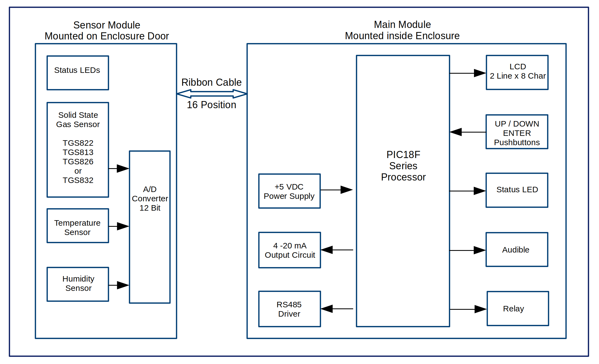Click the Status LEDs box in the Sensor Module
pyautogui.click(x=78, y=73)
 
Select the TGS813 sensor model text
pyautogui.click(x=78, y=152)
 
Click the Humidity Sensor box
pyautogui.click(x=78, y=284)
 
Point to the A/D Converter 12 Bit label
pyautogui.click(x=150, y=199)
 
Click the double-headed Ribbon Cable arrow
pyautogui.click(x=212, y=94)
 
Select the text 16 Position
pyautogui.click(x=211, y=105)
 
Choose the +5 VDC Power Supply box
pyautogui.click(x=289, y=191)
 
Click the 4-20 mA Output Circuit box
pyautogui.click(x=290, y=250)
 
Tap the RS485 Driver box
pyautogui.click(x=289, y=309)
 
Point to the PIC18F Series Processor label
pyautogui.click(x=403, y=166)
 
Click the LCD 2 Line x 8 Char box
pyautogui.click(x=517, y=73)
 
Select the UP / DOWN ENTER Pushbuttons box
pyautogui.click(x=517, y=132)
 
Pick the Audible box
pyautogui.click(x=517, y=250)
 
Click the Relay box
pyautogui.click(x=518, y=308)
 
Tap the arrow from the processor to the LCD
pyautogui.click(x=468, y=73)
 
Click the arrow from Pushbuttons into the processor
pyautogui.click(x=468, y=132)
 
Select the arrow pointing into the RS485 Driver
pyautogui.click(x=337, y=309)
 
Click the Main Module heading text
pyautogui.click(x=402, y=25)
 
